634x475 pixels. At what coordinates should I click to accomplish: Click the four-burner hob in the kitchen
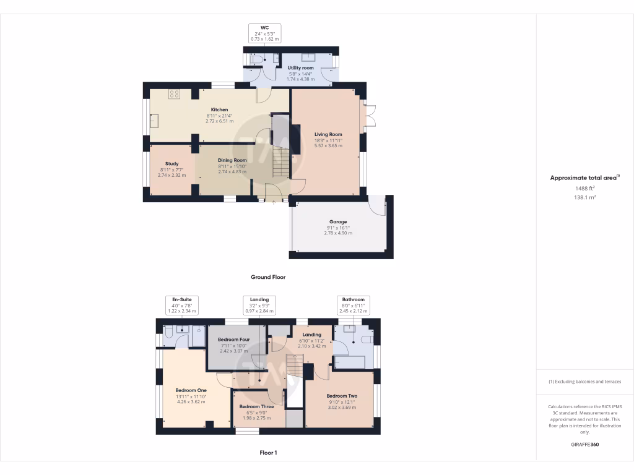click(x=175, y=94)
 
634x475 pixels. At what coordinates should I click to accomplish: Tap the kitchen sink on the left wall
click(x=153, y=120)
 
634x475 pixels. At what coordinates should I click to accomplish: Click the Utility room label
click(x=301, y=68)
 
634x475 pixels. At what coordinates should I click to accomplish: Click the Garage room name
click(x=338, y=221)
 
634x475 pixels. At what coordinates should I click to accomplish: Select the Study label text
click(x=172, y=164)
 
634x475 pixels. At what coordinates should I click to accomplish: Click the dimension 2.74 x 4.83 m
click(x=232, y=171)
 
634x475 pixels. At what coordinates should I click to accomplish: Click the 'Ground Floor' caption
click(x=267, y=278)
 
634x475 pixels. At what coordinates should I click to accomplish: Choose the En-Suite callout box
click(x=181, y=305)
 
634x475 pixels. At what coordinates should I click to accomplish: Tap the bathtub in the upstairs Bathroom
click(x=353, y=362)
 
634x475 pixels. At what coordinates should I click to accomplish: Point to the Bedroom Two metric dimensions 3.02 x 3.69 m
click(x=342, y=408)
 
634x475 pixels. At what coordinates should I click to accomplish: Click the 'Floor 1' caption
click(x=268, y=453)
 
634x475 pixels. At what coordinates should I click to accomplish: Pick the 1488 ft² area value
click(x=584, y=189)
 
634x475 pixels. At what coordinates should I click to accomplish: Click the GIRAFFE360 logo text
click(x=584, y=445)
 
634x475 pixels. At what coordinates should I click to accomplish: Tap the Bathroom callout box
click(x=354, y=305)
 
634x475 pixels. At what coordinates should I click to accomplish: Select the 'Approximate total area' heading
click(x=583, y=178)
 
